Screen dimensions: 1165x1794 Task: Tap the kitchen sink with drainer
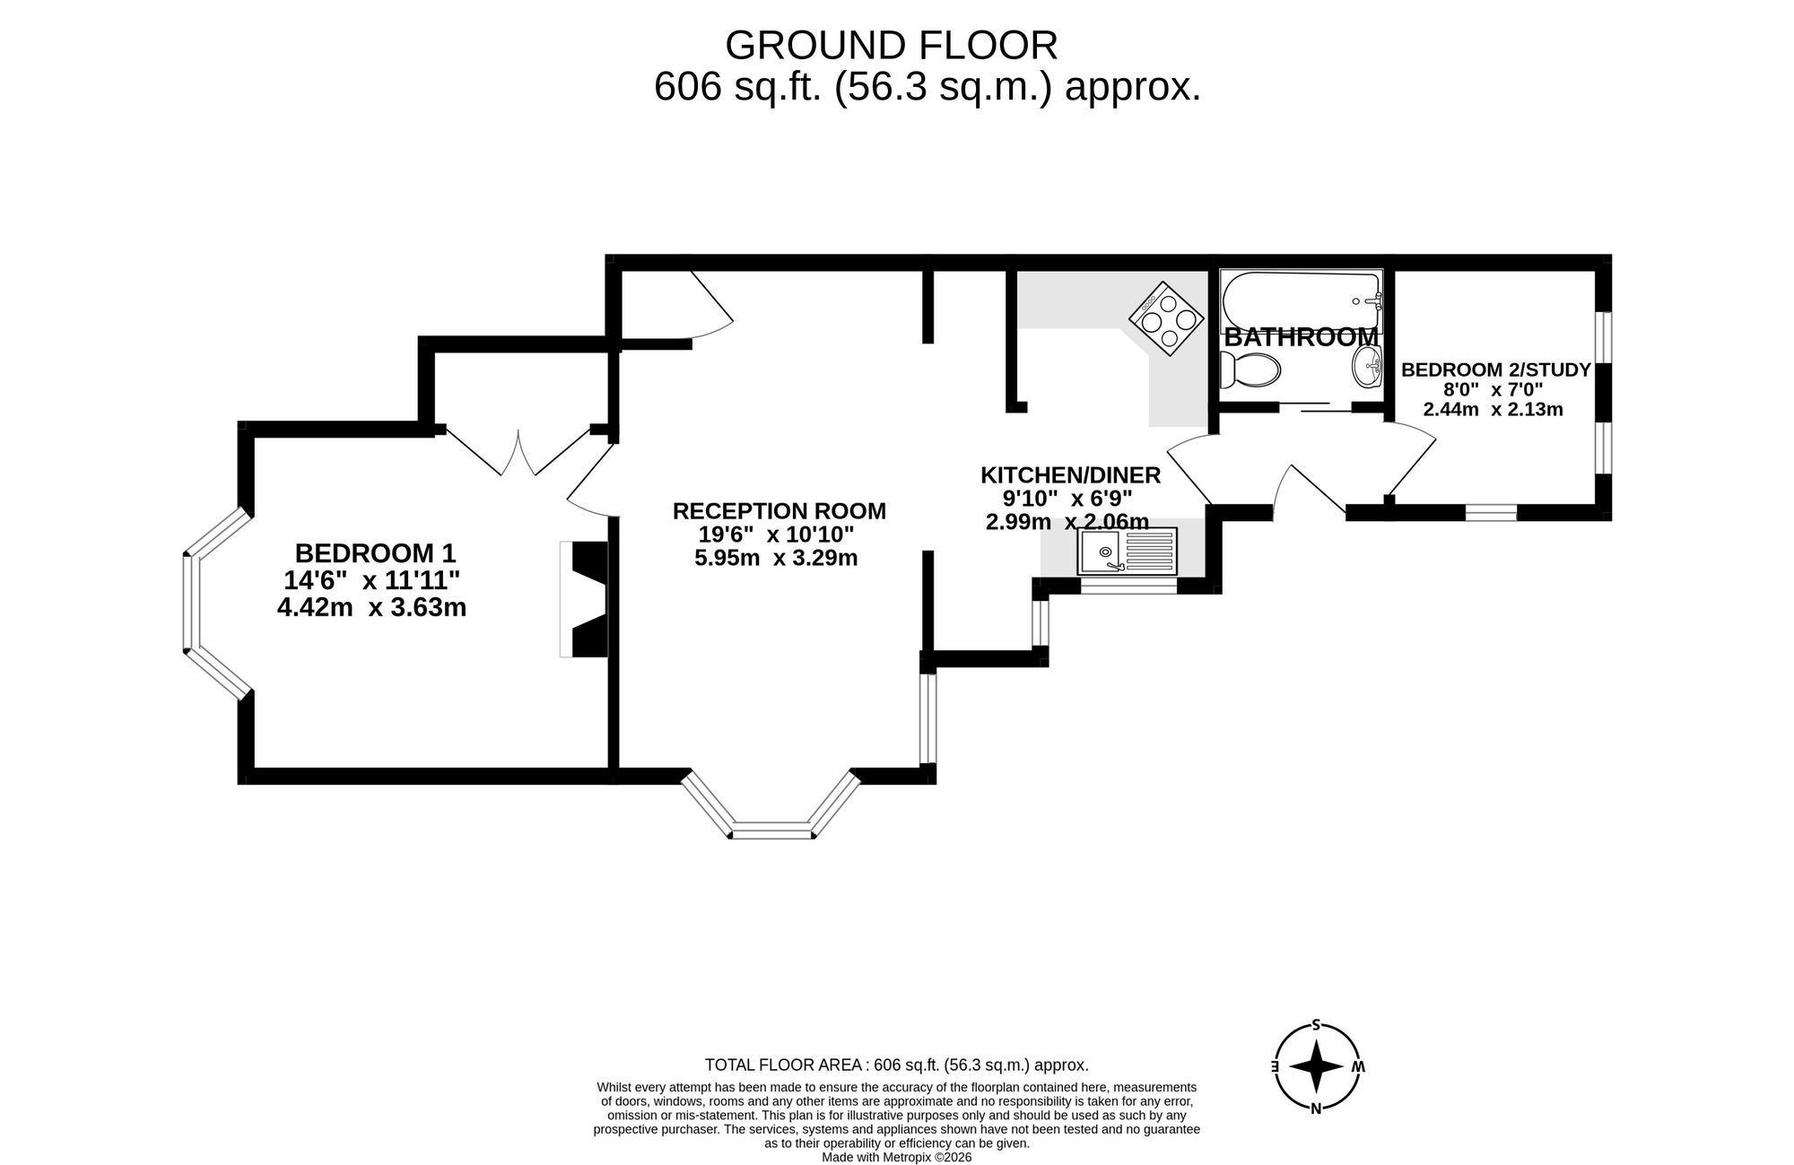1128,552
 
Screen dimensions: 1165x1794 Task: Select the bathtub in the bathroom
1302,301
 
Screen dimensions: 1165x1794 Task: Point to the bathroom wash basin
1368,367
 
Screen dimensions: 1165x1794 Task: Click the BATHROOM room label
1301,338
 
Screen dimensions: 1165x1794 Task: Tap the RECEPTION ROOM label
779,511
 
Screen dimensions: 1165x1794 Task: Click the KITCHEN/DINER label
1070,475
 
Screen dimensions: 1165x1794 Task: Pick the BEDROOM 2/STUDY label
1495,369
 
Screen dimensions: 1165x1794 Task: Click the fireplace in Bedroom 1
586,599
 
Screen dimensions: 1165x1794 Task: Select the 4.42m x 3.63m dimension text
371,608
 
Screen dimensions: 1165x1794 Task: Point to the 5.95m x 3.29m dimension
776,559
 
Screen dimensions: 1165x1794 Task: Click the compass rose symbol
1316,1066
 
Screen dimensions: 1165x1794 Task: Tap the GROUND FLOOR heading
891,45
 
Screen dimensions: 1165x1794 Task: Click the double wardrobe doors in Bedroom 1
518,453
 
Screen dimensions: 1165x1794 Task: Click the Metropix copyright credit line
896,1157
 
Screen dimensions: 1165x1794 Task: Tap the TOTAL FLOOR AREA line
896,1065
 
